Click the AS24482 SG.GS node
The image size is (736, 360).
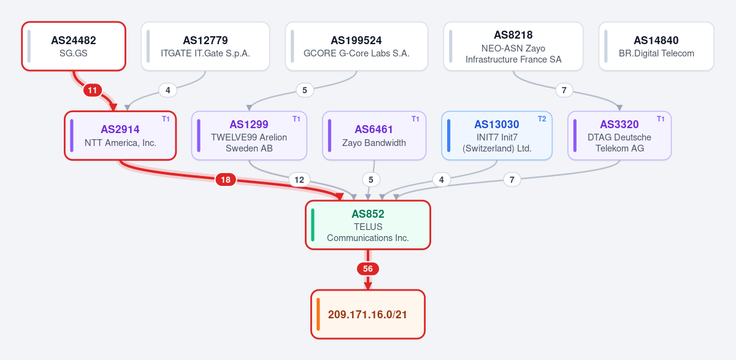74,47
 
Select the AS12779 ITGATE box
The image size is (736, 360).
205,47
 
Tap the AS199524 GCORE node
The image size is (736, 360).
356,47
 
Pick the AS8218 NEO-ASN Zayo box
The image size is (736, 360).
513,47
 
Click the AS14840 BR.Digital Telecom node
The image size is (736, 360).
656,47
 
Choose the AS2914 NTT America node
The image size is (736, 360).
120,136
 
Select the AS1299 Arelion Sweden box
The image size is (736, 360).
249,136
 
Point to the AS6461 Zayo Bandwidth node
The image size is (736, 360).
374,136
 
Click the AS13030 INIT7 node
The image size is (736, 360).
497,136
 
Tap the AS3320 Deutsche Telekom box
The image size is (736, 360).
619,136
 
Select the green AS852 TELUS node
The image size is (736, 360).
368,225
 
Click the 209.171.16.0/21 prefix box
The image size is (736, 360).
368,315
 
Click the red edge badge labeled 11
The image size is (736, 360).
93,90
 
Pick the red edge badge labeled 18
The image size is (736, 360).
226,180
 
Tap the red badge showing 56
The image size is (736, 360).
368,269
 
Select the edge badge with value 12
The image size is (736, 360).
299,180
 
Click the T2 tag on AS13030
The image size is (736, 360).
542,119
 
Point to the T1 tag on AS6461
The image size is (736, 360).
415,119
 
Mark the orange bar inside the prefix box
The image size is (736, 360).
318,315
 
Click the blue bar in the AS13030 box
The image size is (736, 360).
449,136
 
